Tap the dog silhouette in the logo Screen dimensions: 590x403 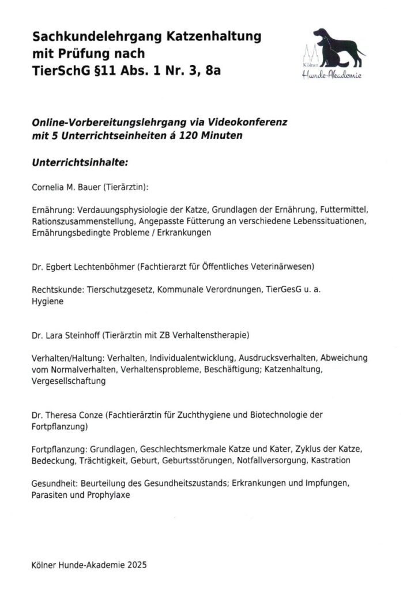pos(340,49)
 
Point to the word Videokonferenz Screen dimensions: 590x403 pos(246,123)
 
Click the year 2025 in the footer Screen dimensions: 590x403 pos(136,566)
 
